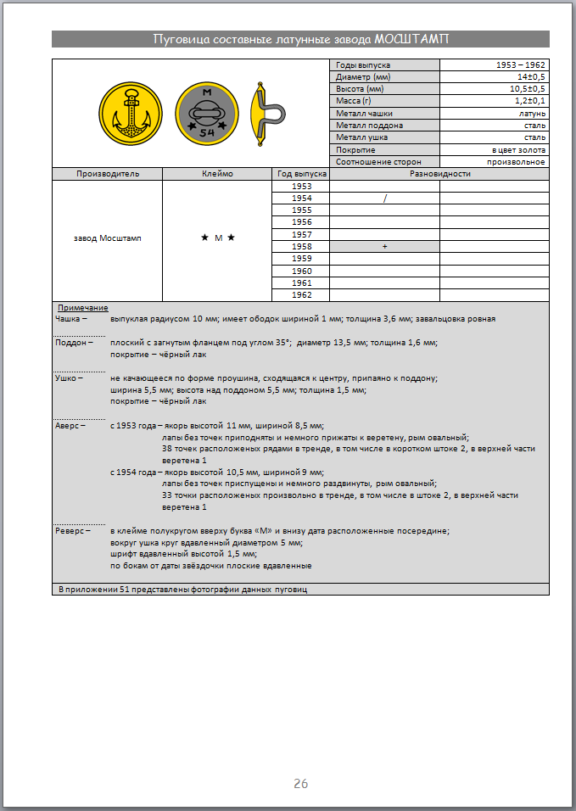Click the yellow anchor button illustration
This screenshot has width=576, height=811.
pos(131,113)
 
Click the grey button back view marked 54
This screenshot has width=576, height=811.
pos(207,113)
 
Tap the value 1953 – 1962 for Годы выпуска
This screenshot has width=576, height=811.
pos(521,65)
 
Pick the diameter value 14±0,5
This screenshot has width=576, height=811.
pos(529,77)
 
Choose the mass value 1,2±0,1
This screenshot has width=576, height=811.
pos(528,101)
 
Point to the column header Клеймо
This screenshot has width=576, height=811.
pos(217,174)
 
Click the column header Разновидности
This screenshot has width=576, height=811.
pos(439,174)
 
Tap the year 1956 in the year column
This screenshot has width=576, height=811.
pos(301,222)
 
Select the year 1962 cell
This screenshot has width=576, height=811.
pos(301,295)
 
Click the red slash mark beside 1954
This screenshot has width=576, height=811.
pos(384,199)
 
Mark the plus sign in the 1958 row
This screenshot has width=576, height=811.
pos(384,246)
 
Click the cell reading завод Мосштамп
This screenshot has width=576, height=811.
pos(108,238)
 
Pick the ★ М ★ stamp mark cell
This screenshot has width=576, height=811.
pos(217,238)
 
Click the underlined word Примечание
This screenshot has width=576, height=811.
pos(83,307)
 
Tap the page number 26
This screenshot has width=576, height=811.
pos(300,784)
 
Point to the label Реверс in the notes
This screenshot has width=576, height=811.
pos(70,530)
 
